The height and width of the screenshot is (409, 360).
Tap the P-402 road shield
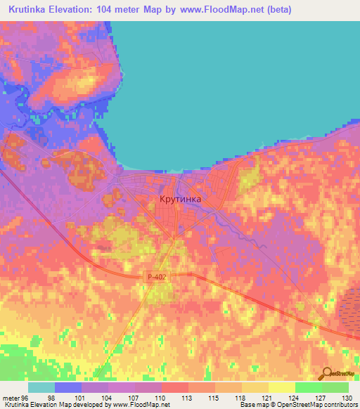click(157, 278)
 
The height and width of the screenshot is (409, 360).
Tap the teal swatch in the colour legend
click(41, 387)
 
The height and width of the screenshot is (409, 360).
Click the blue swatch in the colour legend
click(68, 387)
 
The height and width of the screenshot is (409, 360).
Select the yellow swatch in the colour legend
click(281, 387)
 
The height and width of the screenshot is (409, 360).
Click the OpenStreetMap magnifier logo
click(327, 372)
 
